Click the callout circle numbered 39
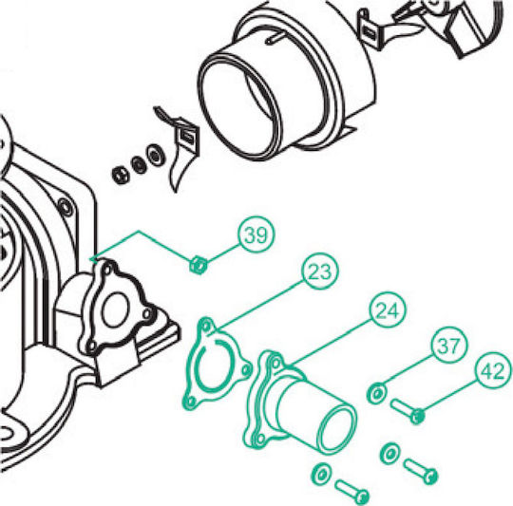point(256,234)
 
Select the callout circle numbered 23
point(320,272)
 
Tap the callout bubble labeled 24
point(388,309)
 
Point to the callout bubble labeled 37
point(449,346)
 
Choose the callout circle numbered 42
point(493,370)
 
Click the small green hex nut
point(198,265)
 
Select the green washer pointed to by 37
point(376,393)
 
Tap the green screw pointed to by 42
point(408,411)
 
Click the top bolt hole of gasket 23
point(206,326)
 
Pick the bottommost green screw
point(352,491)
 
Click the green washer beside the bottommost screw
point(321,474)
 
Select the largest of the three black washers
point(156,155)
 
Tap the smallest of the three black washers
point(121,175)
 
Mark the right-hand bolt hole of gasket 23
point(246,369)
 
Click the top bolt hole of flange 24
point(275,363)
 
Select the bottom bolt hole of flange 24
point(260,438)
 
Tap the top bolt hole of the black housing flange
point(107,271)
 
